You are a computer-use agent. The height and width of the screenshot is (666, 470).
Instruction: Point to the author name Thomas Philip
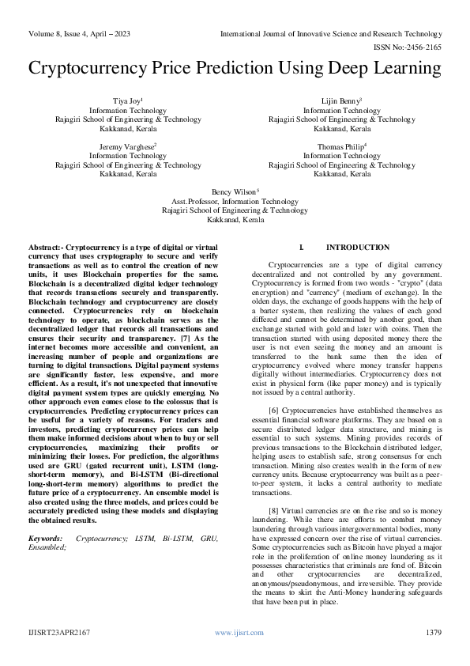pos(341,147)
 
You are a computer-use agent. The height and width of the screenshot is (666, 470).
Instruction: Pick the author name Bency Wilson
pos(235,192)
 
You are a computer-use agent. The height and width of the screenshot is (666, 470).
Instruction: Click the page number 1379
pos(433,633)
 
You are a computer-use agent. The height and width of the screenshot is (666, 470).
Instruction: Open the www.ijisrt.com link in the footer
pos(234,633)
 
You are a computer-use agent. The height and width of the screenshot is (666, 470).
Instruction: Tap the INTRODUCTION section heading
pos(357,248)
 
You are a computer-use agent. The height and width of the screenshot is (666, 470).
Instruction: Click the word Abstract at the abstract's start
pos(44,248)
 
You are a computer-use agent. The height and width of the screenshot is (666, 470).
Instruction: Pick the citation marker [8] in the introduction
pos(273,510)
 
